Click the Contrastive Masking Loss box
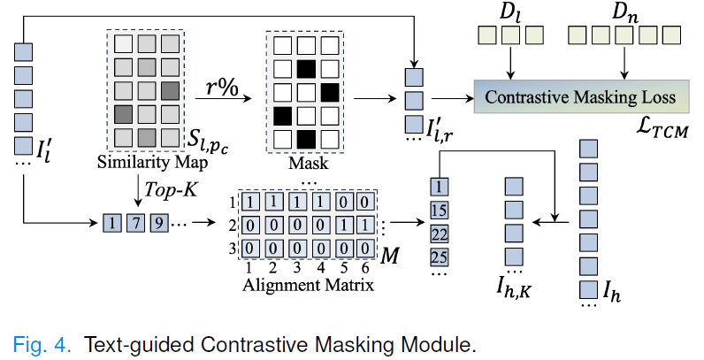(x=578, y=96)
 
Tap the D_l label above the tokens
(x=511, y=13)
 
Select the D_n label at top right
(x=625, y=13)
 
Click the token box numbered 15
(x=440, y=211)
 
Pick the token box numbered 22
(x=440, y=234)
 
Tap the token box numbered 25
(x=440, y=257)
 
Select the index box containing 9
(x=158, y=221)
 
